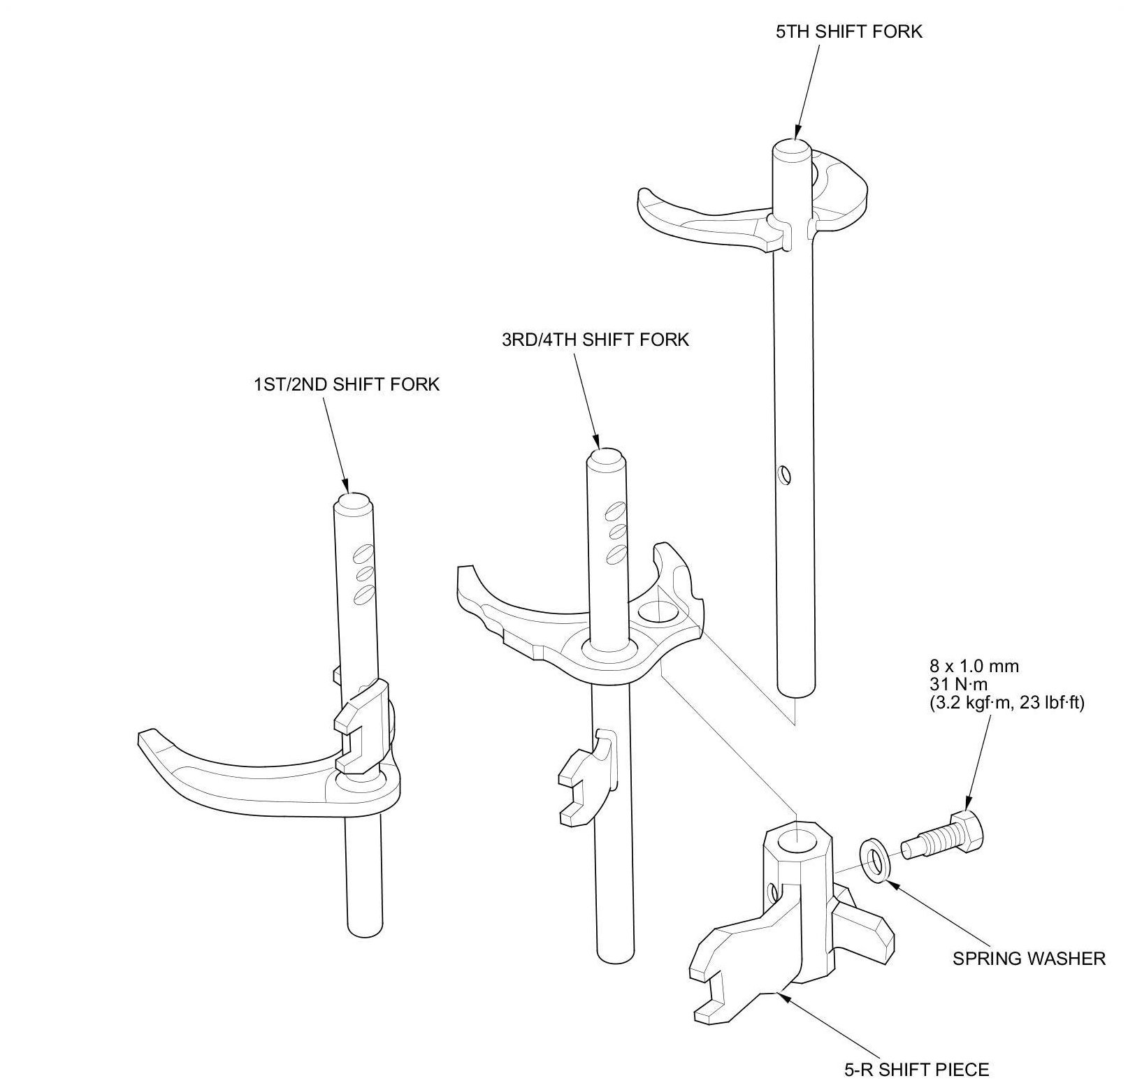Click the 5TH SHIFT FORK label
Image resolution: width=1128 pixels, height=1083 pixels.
pyautogui.click(x=848, y=31)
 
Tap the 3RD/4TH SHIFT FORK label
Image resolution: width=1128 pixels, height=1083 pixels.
pyautogui.click(x=595, y=340)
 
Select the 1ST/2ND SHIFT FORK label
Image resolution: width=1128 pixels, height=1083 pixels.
pyautogui.click(x=347, y=384)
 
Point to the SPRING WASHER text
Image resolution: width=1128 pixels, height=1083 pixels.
pyautogui.click(x=1029, y=958)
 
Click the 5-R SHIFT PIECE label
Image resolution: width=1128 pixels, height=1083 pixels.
pyautogui.click(x=916, y=1069)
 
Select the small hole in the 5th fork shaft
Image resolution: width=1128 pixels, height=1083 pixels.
pyautogui.click(x=786, y=476)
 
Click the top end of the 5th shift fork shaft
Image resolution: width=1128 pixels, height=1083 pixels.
pyautogui.click(x=793, y=148)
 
